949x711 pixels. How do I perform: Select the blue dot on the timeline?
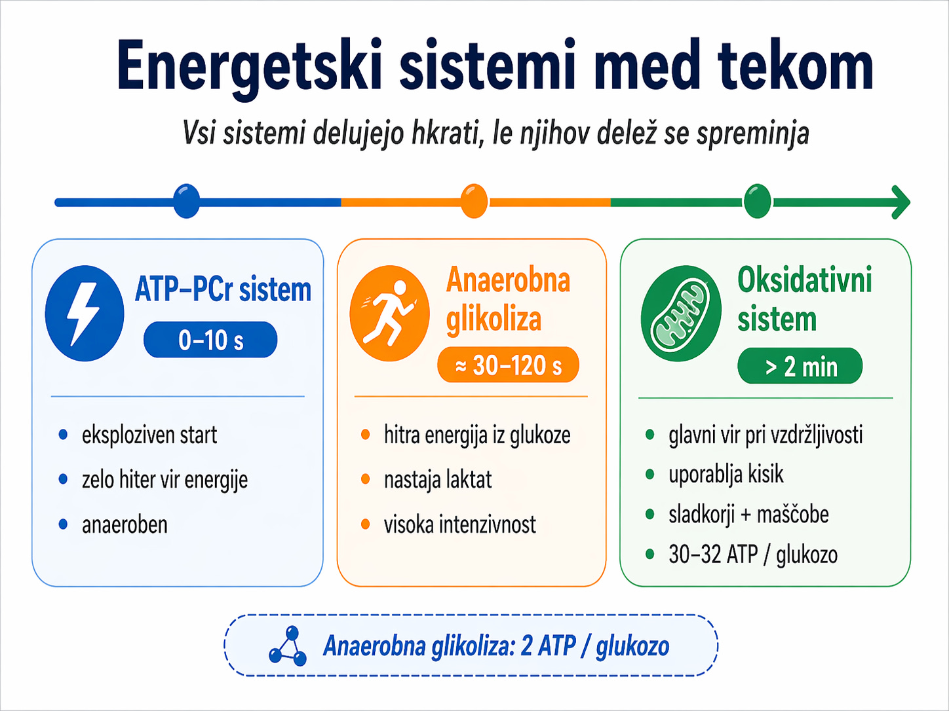pyautogui.click(x=186, y=201)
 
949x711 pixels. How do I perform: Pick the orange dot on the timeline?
pyautogui.click(x=474, y=201)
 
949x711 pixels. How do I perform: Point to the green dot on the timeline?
pyautogui.click(x=758, y=201)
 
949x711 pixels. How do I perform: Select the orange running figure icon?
pyautogui.click(x=389, y=314)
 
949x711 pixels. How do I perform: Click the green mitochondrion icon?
pyautogui.click(x=681, y=314)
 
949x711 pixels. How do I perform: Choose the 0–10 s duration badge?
pyautogui.click(x=210, y=340)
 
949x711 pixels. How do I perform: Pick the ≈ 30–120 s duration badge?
pyautogui.click(x=508, y=365)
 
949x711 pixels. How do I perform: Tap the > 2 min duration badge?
pyautogui.click(x=800, y=366)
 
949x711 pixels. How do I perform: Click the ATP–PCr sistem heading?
pyautogui.click(x=223, y=289)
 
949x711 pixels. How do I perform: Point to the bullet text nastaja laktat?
pyautogui.click(x=438, y=480)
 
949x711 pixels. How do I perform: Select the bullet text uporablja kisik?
pyautogui.click(x=726, y=475)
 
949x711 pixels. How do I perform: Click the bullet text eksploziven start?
pyautogui.click(x=149, y=435)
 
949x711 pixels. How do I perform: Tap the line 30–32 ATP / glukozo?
pyautogui.click(x=753, y=555)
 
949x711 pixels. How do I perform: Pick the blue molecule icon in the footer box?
pyautogui.click(x=288, y=646)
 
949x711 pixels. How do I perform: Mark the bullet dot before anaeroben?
pyautogui.click(x=63, y=524)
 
